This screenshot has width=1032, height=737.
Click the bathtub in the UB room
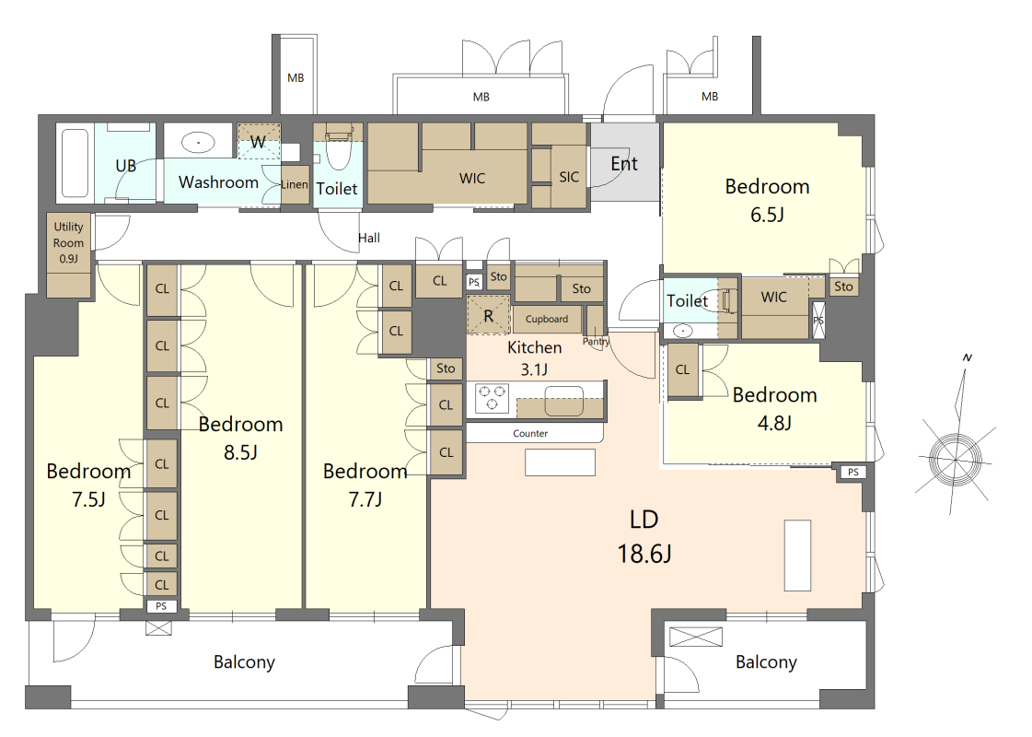click(75, 163)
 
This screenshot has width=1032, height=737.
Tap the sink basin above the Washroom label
click(198, 142)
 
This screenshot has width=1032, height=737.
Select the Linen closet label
click(295, 184)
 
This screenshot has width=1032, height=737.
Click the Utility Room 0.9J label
click(68, 242)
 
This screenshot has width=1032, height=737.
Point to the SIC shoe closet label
click(569, 177)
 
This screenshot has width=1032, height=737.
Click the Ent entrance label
click(624, 163)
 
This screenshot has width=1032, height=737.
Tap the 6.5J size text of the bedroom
click(768, 215)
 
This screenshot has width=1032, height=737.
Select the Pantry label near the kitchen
click(597, 341)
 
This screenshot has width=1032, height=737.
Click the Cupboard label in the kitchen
click(546, 319)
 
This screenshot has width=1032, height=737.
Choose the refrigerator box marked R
click(488, 315)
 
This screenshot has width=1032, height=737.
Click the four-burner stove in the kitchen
click(492, 398)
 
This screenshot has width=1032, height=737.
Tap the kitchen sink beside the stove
click(564, 401)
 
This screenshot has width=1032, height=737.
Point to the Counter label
click(530, 433)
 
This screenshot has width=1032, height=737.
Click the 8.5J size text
click(240, 452)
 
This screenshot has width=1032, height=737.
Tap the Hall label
click(369, 238)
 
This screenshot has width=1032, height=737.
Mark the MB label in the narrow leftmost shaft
click(296, 77)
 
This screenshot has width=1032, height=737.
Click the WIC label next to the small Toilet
click(774, 297)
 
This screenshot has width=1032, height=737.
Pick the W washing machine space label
click(258, 142)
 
